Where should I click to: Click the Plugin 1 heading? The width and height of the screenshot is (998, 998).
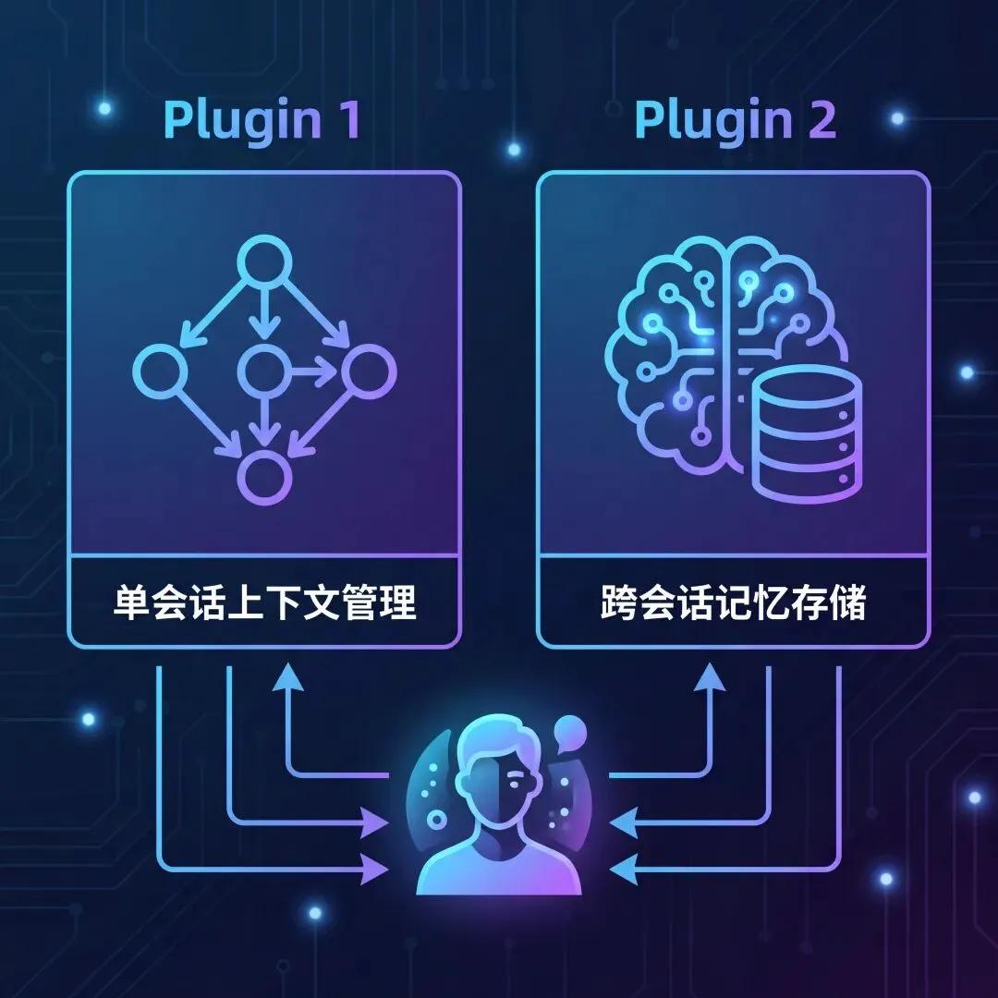tap(262, 121)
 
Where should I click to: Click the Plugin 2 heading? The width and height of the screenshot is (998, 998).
tap(735, 121)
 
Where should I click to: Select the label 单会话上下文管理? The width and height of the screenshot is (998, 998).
tap(263, 603)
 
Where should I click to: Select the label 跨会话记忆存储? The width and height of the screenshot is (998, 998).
tap(733, 603)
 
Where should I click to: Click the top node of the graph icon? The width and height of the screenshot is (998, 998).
tap(264, 263)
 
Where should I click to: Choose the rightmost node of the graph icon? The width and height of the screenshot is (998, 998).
tap(369, 371)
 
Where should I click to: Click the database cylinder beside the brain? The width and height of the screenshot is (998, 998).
tap(806, 434)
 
